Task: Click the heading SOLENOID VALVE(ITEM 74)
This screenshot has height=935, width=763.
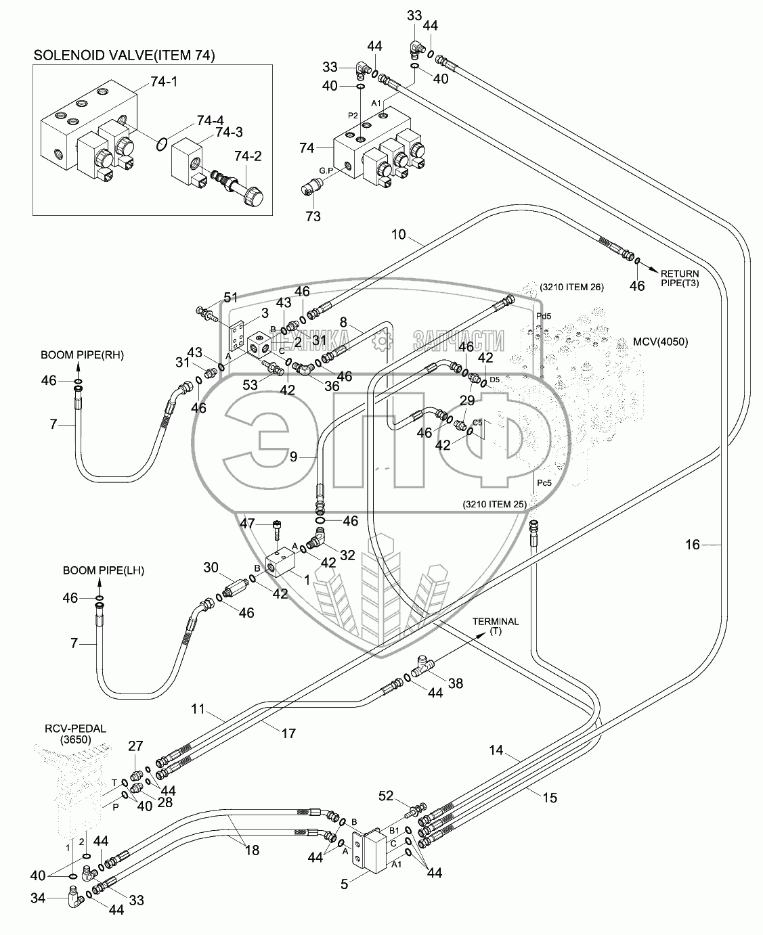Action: tap(125, 56)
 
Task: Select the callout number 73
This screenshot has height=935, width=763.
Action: tap(313, 216)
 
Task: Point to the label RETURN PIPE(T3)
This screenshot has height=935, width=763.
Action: tap(680, 278)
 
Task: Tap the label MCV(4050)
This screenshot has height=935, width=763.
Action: tap(661, 342)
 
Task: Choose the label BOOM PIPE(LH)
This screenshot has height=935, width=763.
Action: tap(104, 571)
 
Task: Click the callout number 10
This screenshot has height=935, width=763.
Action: tap(399, 235)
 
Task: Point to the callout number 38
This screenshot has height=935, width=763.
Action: tap(456, 683)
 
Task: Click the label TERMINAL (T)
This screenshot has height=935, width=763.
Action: tap(496, 626)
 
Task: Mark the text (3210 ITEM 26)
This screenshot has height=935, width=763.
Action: tap(571, 288)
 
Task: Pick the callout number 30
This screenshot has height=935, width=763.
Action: tap(211, 567)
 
